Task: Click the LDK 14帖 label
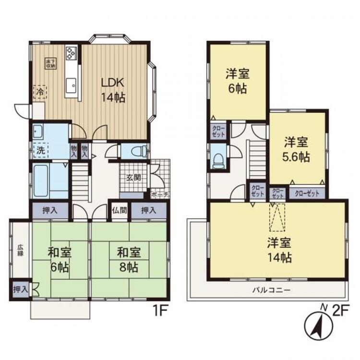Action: [x=113, y=89]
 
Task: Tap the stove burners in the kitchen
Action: [x=71, y=53]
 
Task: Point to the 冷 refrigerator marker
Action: [x=40, y=91]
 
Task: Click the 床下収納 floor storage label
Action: [x=49, y=63]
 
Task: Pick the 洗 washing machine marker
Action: [x=41, y=150]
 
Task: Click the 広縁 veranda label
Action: [x=21, y=250]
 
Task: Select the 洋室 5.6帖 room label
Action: [x=296, y=149]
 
